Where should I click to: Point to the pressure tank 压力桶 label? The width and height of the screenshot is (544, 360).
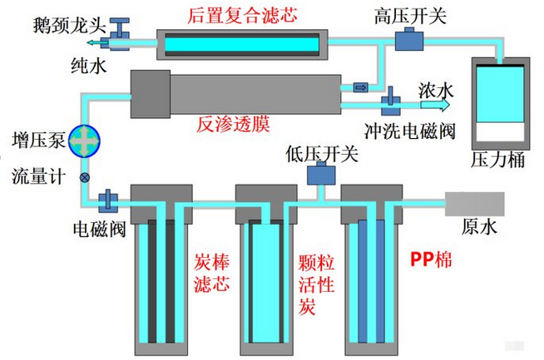click(x=498, y=160)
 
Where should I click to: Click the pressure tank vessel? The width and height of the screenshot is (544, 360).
click(x=498, y=103)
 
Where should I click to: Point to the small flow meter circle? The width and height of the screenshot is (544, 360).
click(x=84, y=177)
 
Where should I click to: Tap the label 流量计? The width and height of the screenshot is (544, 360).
click(x=36, y=176)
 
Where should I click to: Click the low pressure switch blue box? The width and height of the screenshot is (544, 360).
click(x=320, y=173)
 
